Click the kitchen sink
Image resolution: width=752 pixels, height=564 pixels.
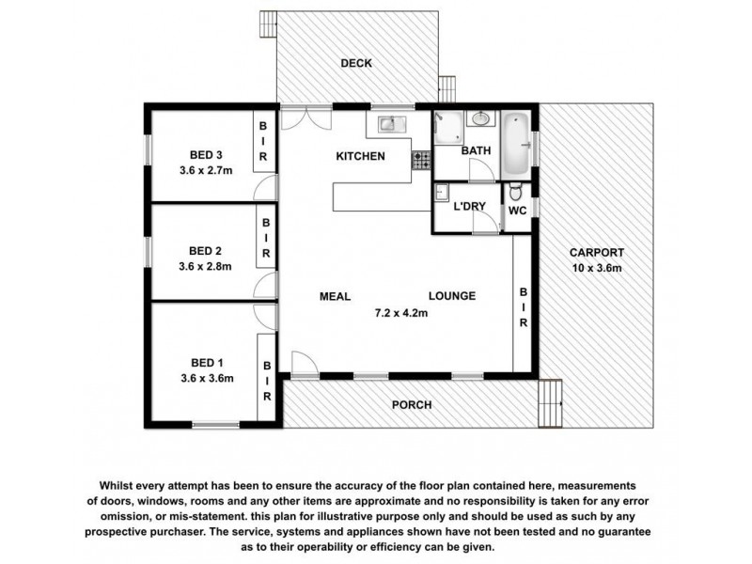coord(389,122)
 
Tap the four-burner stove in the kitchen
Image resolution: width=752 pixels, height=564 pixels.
coord(419,162)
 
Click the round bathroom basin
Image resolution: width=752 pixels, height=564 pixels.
coord(481,119)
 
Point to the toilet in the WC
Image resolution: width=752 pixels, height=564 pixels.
coord(516,196)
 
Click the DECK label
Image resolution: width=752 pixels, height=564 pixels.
coord(356,64)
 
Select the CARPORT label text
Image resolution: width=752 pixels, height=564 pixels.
coord(596,253)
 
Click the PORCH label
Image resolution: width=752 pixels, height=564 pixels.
coord(412,405)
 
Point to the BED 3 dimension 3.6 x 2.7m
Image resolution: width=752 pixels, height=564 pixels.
coord(205,170)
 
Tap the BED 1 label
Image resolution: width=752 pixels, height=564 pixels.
coord(205,363)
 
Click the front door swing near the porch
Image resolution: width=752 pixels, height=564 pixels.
coord(304,364)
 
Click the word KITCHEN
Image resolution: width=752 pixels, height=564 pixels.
coord(360,156)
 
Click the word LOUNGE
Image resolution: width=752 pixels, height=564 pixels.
coord(452,296)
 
